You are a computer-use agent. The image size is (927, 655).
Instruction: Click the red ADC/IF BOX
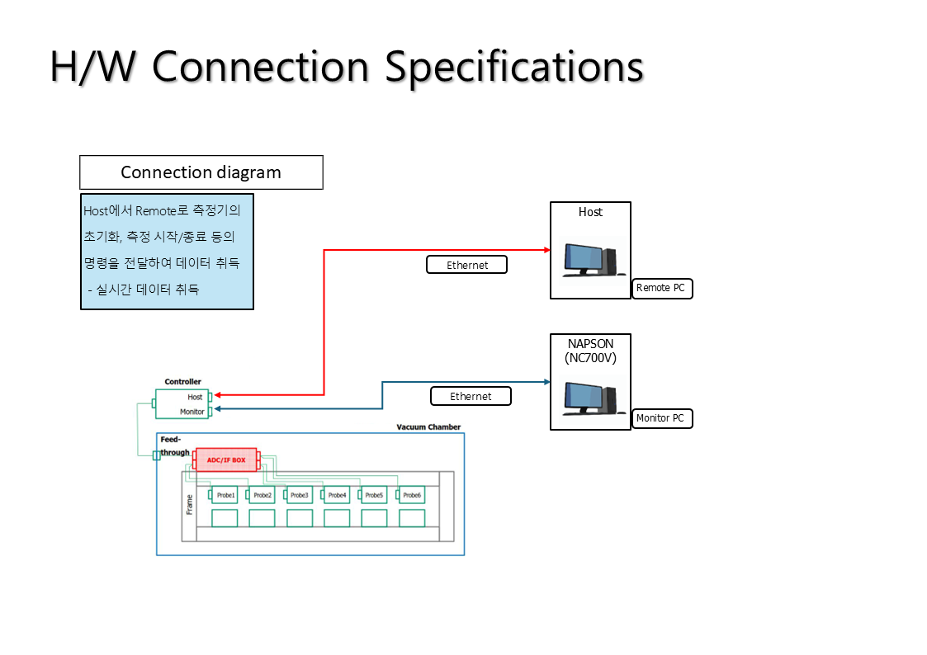coord(226,459)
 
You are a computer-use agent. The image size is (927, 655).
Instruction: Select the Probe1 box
coord(225,495)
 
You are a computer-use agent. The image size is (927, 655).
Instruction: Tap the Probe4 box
coord(337,495)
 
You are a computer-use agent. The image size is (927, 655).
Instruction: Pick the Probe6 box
coord(411,495)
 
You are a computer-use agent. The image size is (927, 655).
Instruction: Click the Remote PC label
coord(662,288)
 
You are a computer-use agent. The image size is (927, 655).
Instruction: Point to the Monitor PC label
coord(662,418)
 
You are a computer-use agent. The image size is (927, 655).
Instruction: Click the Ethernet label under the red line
coord(467,265)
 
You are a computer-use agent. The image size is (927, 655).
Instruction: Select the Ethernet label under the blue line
coord(471,396)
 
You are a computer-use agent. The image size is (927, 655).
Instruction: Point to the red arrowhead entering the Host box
coord(546,250)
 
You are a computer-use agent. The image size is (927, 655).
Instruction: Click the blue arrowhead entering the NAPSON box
coord(546,382)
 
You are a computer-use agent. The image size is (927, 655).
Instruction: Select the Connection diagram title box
coord(201,172)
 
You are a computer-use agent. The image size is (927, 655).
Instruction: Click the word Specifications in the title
coord(513,68)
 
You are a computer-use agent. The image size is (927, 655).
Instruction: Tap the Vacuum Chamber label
coord(428,426)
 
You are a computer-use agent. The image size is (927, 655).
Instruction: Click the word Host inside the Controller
coord(195,397)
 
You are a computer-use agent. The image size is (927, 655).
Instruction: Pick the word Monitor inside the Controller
coord(192,412)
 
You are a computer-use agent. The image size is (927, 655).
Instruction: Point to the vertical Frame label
coord(189,504)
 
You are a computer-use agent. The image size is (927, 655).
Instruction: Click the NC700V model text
coord(590,358)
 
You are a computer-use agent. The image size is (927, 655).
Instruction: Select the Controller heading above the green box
coord(182,382)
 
